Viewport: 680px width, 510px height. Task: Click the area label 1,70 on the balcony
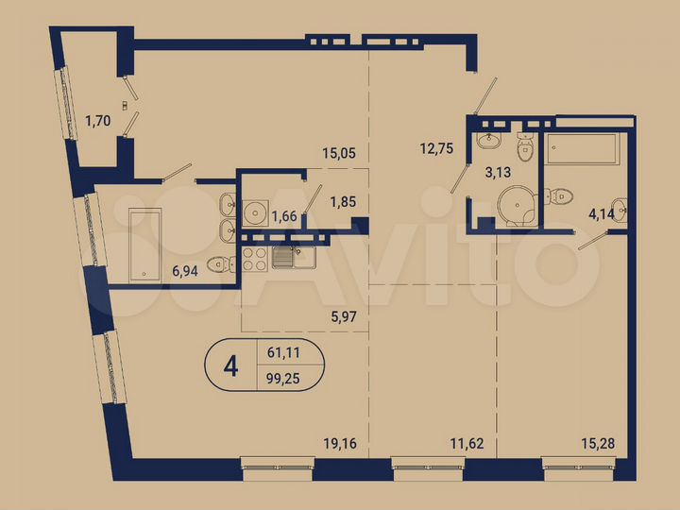pyautogui.click(x=96, y=120)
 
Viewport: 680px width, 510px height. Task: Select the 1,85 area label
pyautogui.click(x=342, y=201)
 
